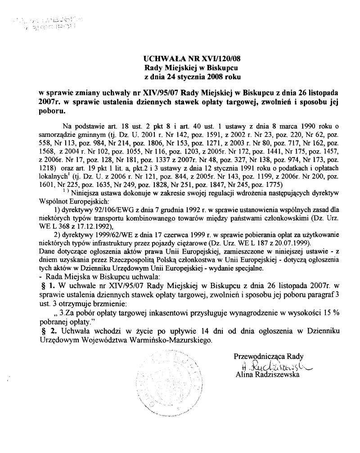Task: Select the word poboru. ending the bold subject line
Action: pos(51,109)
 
